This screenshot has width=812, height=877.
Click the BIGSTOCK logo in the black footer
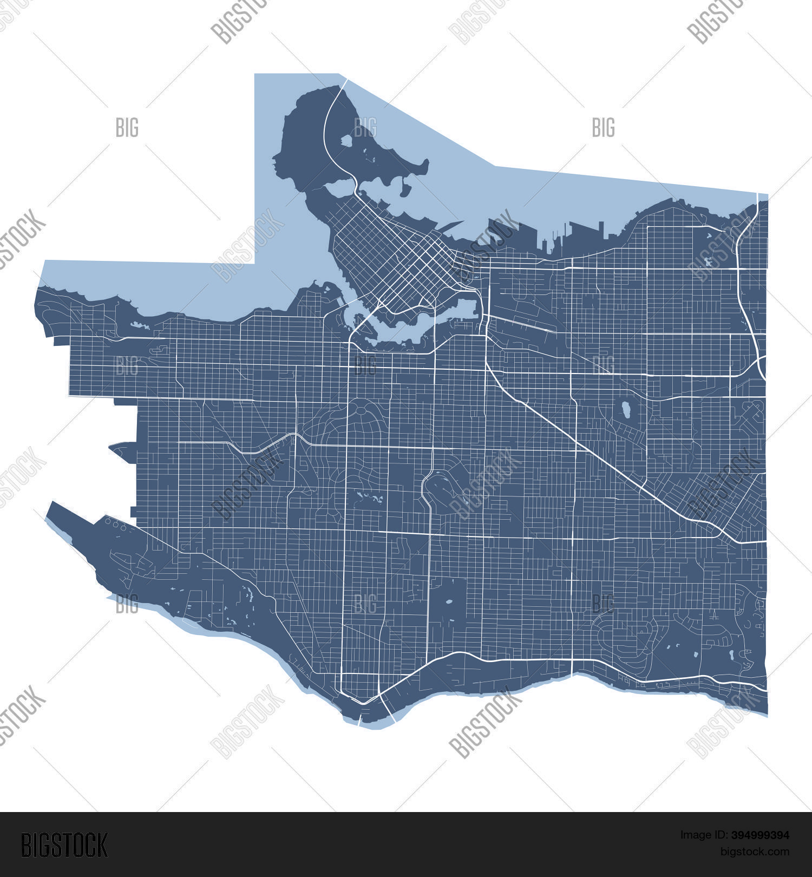(64, 845)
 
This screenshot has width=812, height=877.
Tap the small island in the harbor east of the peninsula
(404, 187)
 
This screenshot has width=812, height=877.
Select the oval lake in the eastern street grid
(626, 409)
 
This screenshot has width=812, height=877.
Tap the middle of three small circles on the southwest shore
(115, 524)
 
